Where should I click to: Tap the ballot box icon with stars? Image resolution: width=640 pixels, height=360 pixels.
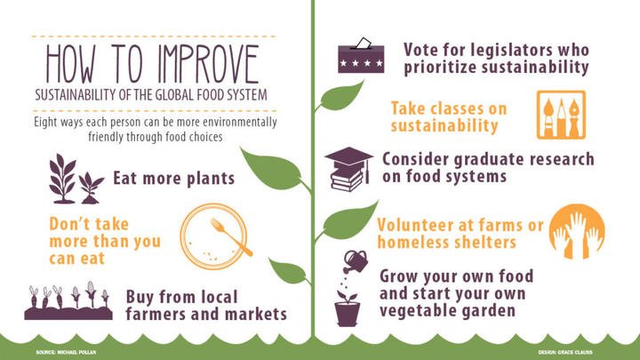[x=359, y=56]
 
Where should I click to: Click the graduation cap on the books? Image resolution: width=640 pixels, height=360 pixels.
[x=348, y=159]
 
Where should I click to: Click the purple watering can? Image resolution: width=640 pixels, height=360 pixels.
[x=357, y=260]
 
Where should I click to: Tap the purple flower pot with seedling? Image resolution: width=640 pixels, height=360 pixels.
[x=348, y=308]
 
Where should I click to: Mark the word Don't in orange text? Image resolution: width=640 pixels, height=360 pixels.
[x=66, y=222]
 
